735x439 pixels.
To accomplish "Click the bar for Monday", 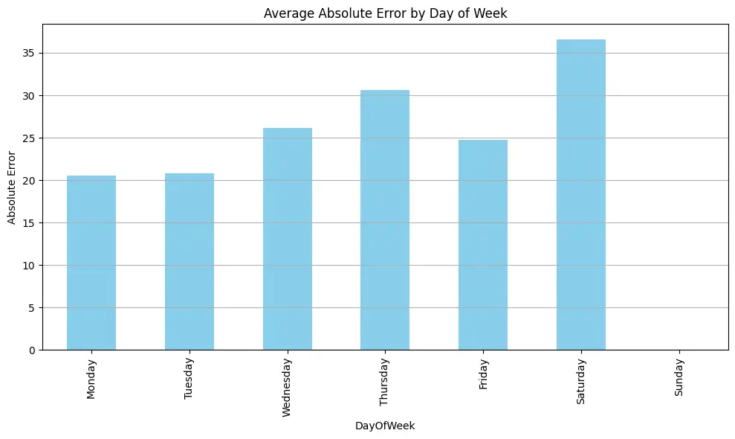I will click(x=91, y=263).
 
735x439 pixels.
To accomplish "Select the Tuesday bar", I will click(x=190, y=261).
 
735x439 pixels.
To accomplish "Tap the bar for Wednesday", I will click(x=287, y=239).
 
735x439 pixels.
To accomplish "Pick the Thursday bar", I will click(x=385, y=219).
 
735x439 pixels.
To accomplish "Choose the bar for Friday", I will click(x=483, y=245).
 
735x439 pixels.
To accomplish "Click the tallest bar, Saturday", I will click(x=580, y=194).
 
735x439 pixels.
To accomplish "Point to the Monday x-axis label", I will click(x=91, y=379).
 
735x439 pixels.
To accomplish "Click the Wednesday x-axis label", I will click(x=287, y=387).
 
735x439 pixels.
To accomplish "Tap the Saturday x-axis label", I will click(x=580, y=381).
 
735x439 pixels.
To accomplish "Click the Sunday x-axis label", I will click(x=679, y=377).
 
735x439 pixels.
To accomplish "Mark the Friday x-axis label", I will click(x=483, y=374).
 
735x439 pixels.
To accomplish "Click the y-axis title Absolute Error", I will click(x=12, y=187).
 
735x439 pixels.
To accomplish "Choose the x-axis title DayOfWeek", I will click(x=384, y=426).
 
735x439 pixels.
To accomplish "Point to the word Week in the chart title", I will click(x=491, y=13).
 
